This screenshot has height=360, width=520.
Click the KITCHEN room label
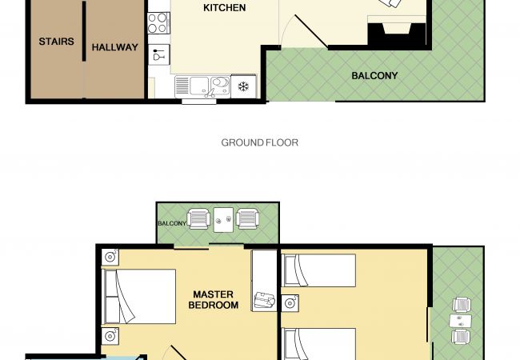225,8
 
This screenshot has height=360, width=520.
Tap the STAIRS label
56,42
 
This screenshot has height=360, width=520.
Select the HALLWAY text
114,47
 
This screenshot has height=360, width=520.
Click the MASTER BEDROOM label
214,300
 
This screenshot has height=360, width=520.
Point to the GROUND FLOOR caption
260,142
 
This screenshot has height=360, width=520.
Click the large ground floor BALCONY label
374,75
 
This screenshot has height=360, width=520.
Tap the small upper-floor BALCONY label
172,223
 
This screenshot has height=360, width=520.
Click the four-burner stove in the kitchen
158,23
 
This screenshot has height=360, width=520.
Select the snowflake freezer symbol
244,87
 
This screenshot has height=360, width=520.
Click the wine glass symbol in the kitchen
158,54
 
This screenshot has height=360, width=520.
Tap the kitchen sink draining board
182,86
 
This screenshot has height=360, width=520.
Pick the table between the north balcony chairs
223,220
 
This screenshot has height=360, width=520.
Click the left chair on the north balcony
198,218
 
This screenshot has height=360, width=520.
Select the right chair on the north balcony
247,218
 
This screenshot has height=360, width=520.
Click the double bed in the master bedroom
140,296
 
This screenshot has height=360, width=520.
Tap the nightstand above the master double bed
110,257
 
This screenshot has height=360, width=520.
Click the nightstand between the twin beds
290,303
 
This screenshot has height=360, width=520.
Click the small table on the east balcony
461,321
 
